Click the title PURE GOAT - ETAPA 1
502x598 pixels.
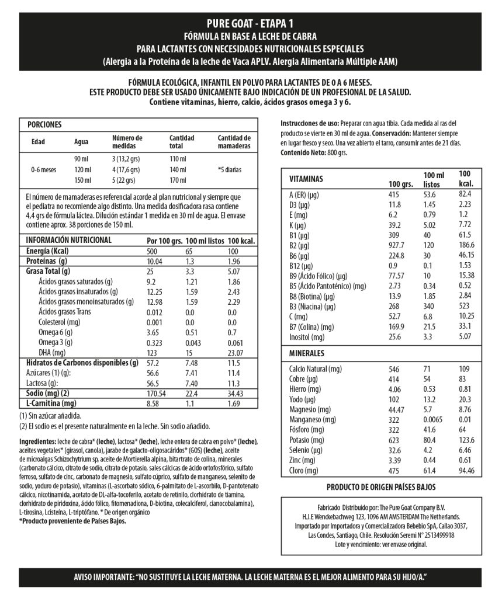pyautogui.click(x=250, y=24)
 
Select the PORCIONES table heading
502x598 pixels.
pyautogui.click(x=44, y=124)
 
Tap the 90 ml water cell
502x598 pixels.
pyautogui.click(x=81, y=159)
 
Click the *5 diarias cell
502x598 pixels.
pyautogui.click(x=229, y=170)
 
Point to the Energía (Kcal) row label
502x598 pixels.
pyautogui.click(x=48, y=251)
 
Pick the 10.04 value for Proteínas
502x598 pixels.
pyautogui.click(x=154, y=261)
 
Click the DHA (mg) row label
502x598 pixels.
pyautogui.click(x=52, y=353)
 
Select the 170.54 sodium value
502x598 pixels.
pyautogui.click(x=158, y=393)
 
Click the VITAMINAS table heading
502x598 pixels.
pyautogui.click(x=306, y=179)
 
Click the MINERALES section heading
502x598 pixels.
pyautogui.click(x=307, y=353)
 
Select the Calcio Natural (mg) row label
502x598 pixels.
pyautogui.click(x=316, y=369)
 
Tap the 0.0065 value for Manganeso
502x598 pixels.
pyautogui.click(x=435, y=420)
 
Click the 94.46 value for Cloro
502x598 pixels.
pyautogui.click(x=468, y=471)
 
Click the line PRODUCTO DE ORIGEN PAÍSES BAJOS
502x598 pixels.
pyautogui.click(x=381, y=487)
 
